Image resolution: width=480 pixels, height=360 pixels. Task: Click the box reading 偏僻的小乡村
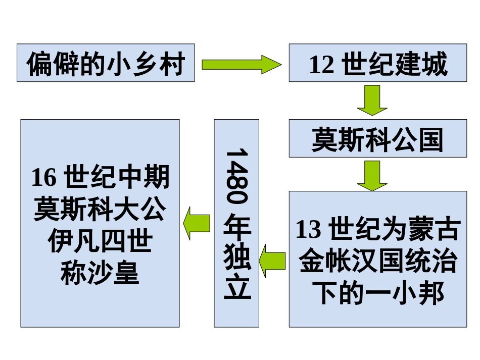(106, 63)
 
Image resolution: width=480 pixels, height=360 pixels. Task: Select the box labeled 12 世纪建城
(378, 63)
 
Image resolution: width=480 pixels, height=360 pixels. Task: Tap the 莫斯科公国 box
(378, 139)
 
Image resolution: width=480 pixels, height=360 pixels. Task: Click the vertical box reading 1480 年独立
(236, 223)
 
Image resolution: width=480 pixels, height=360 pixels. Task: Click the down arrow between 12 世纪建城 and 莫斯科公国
(372, 100)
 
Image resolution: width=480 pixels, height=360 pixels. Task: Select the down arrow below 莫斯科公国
(372, 175)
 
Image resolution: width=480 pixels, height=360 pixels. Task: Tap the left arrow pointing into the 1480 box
(273, 260)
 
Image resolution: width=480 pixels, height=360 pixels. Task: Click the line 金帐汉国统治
(378, 262)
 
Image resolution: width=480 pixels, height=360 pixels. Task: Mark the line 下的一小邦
(378, 293)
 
